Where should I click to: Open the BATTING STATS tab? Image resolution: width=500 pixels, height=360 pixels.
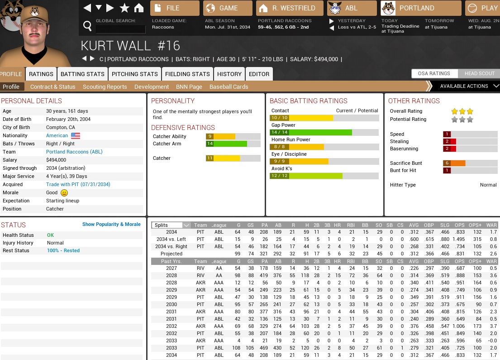point(82,74)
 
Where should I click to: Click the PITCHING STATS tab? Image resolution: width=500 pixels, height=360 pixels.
point(135,74)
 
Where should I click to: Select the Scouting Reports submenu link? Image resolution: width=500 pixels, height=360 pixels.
point(105,86)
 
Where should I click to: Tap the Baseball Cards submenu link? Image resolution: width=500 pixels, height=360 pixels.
point(229,86)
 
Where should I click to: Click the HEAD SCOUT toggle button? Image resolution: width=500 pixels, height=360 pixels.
point(479,73)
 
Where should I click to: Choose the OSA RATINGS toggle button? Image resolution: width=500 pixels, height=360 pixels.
point(434,73)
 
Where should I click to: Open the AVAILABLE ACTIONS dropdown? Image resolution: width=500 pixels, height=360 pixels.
point(466,86)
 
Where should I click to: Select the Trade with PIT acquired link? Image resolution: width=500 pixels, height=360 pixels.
point(78,184)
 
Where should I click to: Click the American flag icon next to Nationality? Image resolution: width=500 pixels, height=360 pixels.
point(76,135)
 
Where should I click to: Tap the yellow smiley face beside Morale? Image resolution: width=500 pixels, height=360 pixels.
point(64,192)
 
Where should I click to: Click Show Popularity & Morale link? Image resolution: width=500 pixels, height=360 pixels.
point(111,224)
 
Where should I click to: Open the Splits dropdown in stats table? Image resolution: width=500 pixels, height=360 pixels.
point(171,225)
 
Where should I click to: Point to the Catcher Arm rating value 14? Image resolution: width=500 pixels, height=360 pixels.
point(210,144)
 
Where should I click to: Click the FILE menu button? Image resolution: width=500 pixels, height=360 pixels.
point(175,8)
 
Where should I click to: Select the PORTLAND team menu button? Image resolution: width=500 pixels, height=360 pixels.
point(420,8)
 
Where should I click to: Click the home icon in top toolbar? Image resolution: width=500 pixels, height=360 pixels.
point(139,8)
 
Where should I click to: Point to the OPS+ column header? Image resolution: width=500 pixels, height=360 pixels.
point(475,225)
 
